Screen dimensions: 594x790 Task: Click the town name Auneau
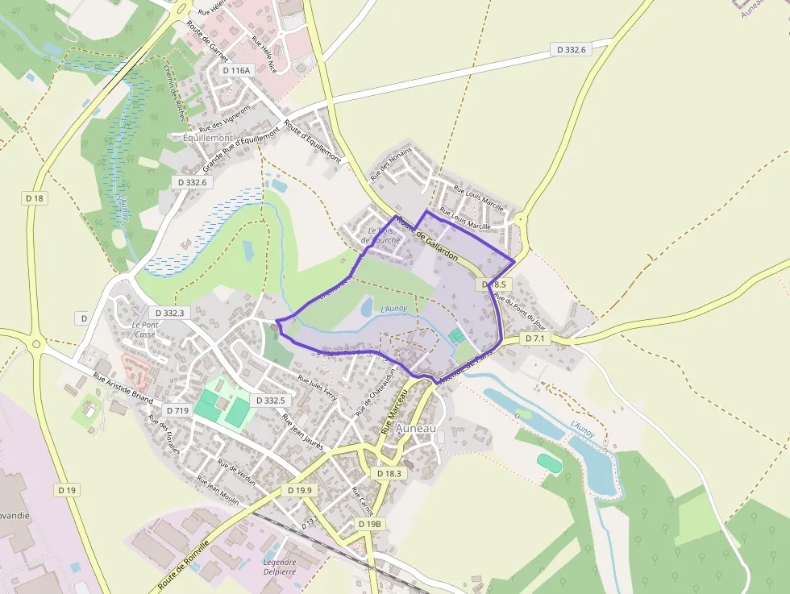[416, 428]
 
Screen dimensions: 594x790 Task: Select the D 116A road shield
[236, 71]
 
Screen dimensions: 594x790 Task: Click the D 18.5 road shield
[494, 285]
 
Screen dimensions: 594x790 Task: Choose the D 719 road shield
[177, 411]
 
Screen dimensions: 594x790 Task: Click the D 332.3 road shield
[168, 313]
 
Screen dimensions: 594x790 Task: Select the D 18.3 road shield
[389, 474]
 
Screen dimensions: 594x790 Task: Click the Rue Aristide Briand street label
[122, 388]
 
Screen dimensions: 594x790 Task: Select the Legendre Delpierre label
[280, 567]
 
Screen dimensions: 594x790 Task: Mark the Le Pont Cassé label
[144, 329]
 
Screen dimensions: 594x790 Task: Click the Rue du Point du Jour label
[520, 313]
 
